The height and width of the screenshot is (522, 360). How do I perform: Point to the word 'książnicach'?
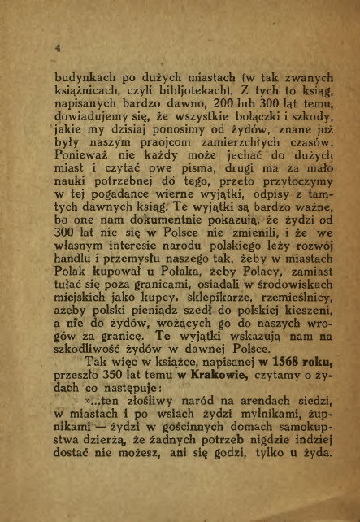click(x=85, y=99)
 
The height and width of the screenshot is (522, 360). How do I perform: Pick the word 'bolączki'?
click(x=237, y=129)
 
